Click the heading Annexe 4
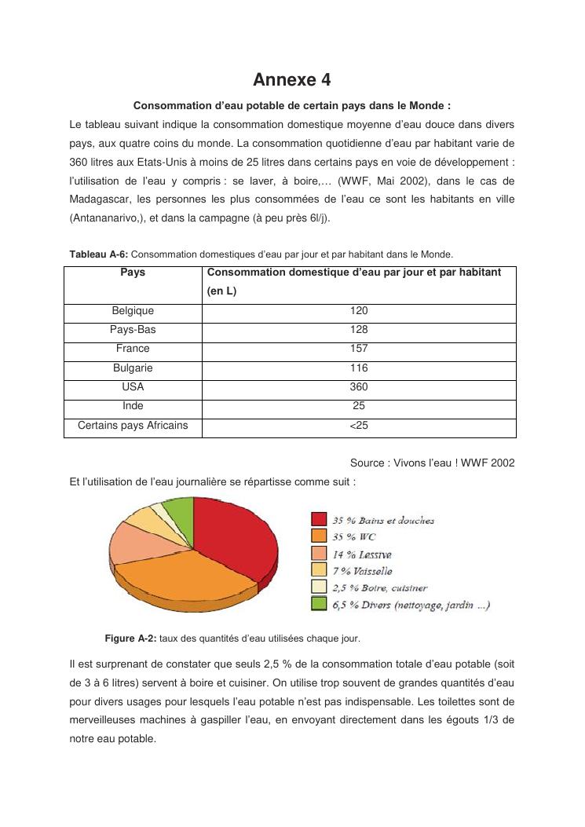point(292,79)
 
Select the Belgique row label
point(133,311)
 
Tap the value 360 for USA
point(359,387)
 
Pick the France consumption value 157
point(359,349)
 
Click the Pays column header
point(133,273)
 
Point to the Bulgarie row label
point(133,368)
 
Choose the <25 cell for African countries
point(359,426)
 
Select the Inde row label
point(133,406)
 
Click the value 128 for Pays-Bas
point(359,330)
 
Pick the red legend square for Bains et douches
point(319,520)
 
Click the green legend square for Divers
point(319,604)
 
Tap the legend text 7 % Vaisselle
point(362,571)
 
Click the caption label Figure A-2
point(130,638)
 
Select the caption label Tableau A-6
point(98,254)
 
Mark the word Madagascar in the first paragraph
point(99,199)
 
